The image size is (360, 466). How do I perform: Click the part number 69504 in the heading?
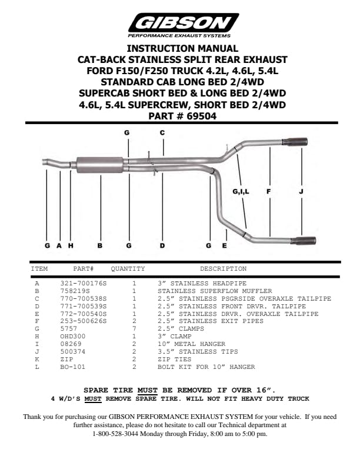(201, 116)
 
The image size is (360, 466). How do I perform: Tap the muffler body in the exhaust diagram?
(100, 165)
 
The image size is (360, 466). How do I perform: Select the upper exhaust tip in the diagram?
(295, 142)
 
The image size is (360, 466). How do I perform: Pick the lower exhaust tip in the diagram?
(303, 241)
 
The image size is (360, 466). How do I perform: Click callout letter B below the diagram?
(100, 245)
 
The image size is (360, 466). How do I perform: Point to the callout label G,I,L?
(241, 192)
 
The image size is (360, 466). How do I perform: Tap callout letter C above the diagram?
(162, 132)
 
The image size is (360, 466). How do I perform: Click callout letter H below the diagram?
(71, 245)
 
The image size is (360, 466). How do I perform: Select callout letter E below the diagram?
(224, 245)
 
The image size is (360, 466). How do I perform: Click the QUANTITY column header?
(128, 269)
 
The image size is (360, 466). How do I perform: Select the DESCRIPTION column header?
(223, 269)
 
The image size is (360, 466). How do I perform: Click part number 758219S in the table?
(75, 291)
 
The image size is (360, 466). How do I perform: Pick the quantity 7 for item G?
(134, 329)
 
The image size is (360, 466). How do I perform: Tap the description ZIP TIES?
(174, 359)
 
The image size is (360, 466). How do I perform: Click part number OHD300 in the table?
(72, 337)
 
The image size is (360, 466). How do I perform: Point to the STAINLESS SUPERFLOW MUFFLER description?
(215, 291)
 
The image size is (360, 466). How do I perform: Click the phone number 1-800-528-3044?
(115, 434)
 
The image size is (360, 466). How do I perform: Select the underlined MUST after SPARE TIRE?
(147, 390)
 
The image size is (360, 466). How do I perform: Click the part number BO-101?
(72, 367)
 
